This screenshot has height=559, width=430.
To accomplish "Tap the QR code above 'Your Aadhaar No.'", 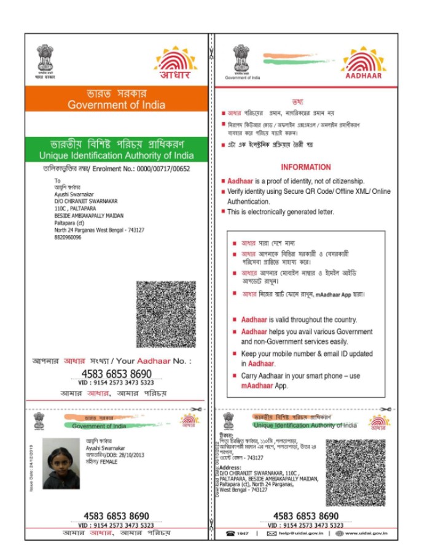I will click(166, 314).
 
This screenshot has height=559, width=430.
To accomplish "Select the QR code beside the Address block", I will click(355, 472).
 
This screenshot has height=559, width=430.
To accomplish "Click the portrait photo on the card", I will click(61, 463).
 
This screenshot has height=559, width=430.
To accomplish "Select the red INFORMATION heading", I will click(305, 167).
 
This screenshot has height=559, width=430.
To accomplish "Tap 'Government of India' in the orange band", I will click(116, 104).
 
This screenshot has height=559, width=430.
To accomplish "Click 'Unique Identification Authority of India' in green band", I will click(116, 155).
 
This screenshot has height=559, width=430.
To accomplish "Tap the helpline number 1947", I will click(243, 533).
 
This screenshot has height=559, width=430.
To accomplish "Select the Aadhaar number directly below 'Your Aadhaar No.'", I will click(116, 374).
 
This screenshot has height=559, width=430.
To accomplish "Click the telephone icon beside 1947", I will click(231, 533).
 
